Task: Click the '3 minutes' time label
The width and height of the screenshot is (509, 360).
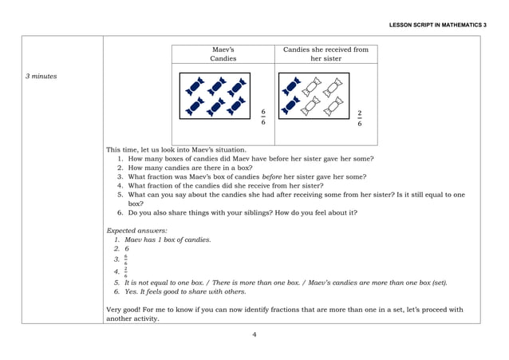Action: coord(41,77)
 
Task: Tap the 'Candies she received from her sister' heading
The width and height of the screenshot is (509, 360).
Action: coord(326,53)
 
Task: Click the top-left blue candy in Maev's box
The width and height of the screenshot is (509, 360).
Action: coord(195,83)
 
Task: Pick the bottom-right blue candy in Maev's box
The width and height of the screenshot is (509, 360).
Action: coord(235,105)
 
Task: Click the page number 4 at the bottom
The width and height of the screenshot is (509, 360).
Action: coord(254,334)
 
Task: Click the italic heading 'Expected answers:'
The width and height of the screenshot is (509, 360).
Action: coord(131,230)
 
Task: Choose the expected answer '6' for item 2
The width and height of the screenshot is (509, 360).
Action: coord(126,249)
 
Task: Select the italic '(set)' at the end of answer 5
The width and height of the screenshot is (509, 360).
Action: coord(439,283)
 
